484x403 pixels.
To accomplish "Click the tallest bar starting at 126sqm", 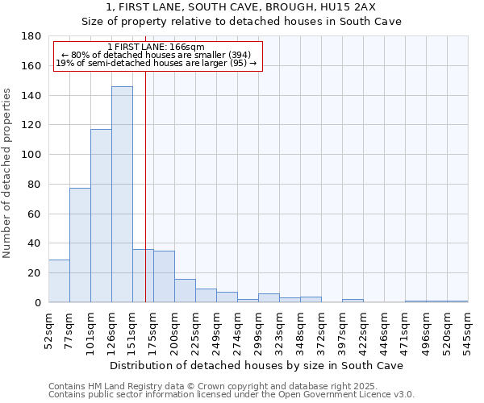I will pyautogui.click(x=122, y=194).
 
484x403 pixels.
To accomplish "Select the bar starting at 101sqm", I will pyautogui.click(x=101, y=216).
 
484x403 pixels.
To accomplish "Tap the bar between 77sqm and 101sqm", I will pyautogui.click(x=80, y=245).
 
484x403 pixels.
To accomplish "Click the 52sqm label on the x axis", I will pyautogui.click(x=48, y=330).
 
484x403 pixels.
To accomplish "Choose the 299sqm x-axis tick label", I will pyautogui.click(x=258, y=331).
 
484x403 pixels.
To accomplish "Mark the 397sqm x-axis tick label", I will pyautogui.click(x=342, y=331).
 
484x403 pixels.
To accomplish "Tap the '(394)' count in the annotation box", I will pyautogui.click(x=244, y=55).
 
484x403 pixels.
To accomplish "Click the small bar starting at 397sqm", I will pyautogui.click(x=353, y=301).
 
